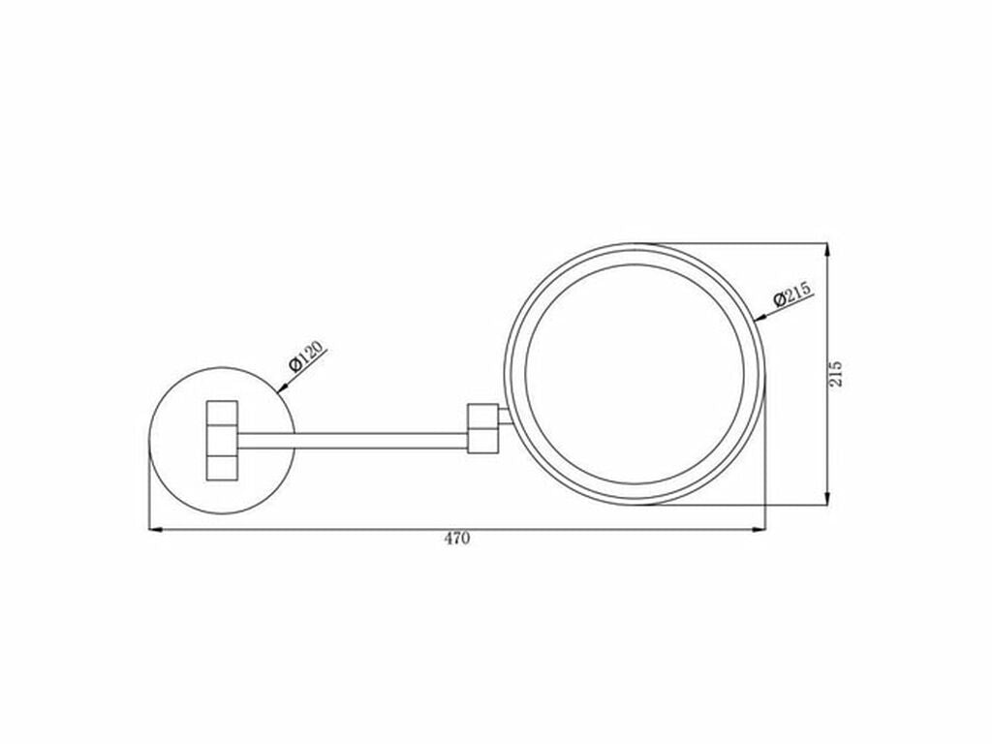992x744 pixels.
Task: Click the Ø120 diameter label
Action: (x=306, y=356)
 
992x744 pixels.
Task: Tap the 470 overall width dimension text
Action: (x=457, y=539)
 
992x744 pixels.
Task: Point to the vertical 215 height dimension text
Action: (x=836, y=374)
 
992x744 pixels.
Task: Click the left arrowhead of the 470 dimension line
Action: (x=156, y=529)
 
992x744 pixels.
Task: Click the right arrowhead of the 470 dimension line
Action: (x=758, y=529)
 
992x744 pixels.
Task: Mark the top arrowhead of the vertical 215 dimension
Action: (x=827, y=251)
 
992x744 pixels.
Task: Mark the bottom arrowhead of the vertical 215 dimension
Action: (x=827, y=497)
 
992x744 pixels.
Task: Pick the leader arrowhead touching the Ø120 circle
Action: (x=283, y=387)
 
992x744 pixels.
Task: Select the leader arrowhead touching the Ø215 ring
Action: (x=761, y=317)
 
